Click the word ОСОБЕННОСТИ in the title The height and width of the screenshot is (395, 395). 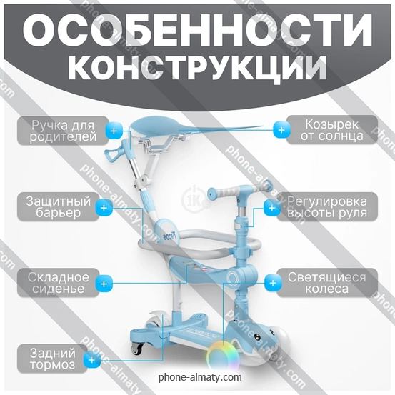(x=197, y=30)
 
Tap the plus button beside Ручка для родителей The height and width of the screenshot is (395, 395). (x=114, y=131)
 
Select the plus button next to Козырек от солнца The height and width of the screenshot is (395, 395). (x=281, y=130)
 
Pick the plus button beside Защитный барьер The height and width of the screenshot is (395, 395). (x=104, y=208)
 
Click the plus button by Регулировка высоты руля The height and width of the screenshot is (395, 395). (x=272, y=208)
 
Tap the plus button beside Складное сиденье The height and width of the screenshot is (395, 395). (x=104, y=284)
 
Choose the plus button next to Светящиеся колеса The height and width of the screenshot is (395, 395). (x=273, y=283)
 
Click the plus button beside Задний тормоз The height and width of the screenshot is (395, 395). (x=92, y=360)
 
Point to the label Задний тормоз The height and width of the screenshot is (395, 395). (x=53, y=359)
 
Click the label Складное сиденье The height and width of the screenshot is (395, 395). (x=58, y=283)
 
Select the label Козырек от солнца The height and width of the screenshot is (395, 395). (x=331, y=130)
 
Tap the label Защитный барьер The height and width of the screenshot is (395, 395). (x=58, y=207)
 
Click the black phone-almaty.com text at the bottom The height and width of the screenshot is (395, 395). (x=200, y=377)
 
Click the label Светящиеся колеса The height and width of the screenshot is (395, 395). (x=327, y=283)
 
